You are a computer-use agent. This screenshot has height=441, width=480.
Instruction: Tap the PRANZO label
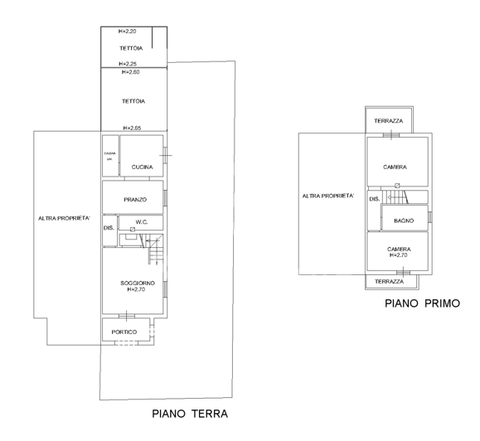coord(134,200)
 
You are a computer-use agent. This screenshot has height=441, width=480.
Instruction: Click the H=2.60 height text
coord(130,73)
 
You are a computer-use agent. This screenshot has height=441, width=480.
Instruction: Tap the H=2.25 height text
coord(128,63)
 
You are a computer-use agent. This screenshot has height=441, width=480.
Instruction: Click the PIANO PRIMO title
coord(422,304)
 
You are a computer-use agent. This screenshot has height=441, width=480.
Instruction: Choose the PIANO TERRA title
coord(189,413)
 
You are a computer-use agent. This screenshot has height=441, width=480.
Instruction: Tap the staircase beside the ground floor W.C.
coord(155,247)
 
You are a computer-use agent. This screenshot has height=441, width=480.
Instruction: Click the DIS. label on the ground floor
coord(108,228)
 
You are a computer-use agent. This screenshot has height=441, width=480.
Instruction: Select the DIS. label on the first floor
coord(374,200)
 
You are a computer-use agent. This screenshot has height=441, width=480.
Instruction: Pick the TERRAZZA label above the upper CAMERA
coord(389,121)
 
